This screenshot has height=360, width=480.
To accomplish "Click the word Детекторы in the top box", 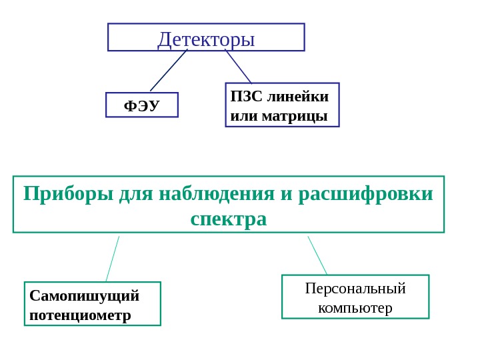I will (x=206, y=39).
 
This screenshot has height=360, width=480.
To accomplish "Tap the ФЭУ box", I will (x=142, y=105).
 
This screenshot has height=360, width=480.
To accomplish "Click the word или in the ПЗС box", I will (x=244, y=116).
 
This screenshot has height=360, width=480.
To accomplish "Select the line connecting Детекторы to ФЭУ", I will (x=169, y=70).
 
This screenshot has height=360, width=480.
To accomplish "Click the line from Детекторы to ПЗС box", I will (x=238, y=66).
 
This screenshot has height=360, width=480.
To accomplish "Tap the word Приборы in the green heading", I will (x=69, y=194).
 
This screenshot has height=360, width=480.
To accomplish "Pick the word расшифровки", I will (x=366, y=194).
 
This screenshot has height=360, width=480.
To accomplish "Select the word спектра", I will (x=229, y=219).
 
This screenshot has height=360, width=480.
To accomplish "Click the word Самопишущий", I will (x=85, y=295).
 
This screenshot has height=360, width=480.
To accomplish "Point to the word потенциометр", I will (x=80, y=315).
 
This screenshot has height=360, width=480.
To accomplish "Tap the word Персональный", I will (x=355, y=289).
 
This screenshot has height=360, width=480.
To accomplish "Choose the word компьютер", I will (x=355, y=308).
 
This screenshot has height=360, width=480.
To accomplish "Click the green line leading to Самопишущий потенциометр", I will (x=113, y=258).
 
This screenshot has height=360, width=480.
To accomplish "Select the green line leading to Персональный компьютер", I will (x=317, y=255).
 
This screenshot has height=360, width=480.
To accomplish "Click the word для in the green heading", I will (x=135, y=194).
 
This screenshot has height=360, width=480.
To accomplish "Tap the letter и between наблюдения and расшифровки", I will (x=285, y=195).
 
